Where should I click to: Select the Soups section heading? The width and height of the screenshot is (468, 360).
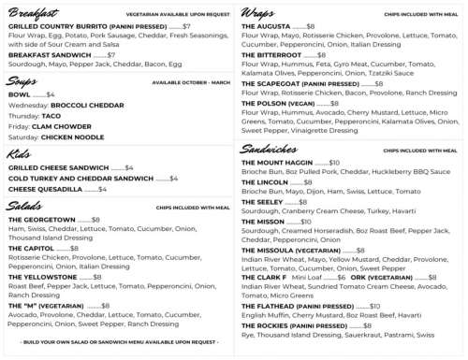pyautogui.click(x=23, y=81)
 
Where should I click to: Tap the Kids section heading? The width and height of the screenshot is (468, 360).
pyautogui.click(x=19, y=153)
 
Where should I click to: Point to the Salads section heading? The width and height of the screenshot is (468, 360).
pyautogui.click(x=25, y=205)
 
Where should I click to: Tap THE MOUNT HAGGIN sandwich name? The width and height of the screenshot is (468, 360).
pyautogui.click(x=277, y=162)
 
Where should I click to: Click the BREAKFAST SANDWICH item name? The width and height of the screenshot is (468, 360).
pyautogui.click(x=49, y=55)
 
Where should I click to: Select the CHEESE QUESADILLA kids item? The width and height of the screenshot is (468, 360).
pyautogui.click(x=44, y=188)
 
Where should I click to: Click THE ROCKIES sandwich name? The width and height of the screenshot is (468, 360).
pyautogui.click(x=267, y=324)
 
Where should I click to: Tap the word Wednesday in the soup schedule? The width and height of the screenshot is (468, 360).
pyautogui.click(x=27, y=105)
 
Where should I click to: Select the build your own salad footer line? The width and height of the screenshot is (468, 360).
pyautogui.click(x=117, y=342)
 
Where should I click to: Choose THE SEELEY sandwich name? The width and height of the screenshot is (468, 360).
pyautogui.click(x=261, y=202)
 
